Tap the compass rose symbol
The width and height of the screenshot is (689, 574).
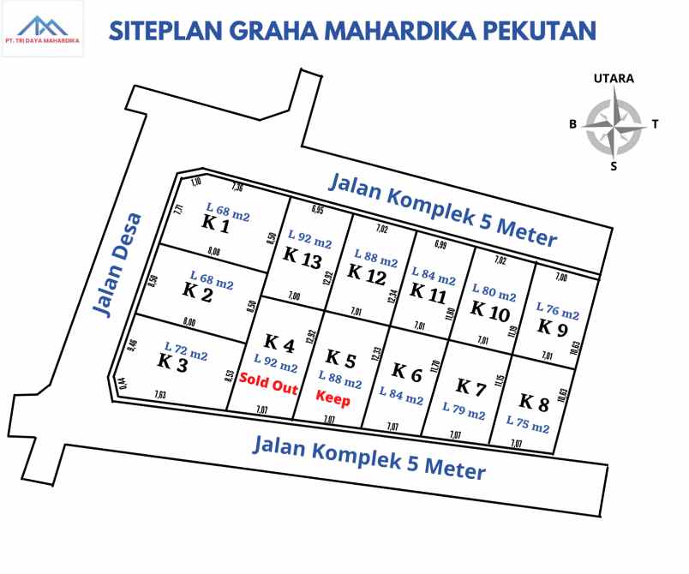tap(614, 124)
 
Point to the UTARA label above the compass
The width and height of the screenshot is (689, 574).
tap(614, 78)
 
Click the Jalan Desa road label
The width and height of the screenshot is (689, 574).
tap(117, 266)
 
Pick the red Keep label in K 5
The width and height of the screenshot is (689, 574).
tap(333, 398)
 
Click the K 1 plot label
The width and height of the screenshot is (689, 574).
tap(215, 225)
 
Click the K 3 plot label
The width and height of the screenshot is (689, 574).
tap(172, 362)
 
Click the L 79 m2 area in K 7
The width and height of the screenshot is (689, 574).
tap(464, 413)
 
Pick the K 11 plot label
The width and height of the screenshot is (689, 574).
tap(428, 290)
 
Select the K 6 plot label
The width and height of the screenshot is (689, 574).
tap(407, 371)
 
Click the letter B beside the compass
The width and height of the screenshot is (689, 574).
tap(573, 124)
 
